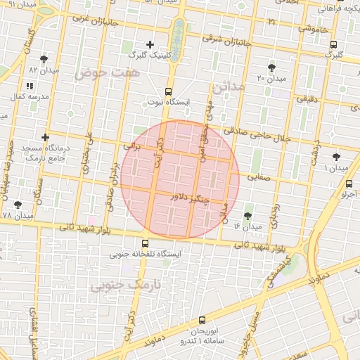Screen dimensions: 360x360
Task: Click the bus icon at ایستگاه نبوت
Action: click(x=167, y=91)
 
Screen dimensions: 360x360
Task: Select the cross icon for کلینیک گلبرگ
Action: click(x=150, y=44)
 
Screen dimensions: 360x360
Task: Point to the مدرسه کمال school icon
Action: click(x=30, y=85)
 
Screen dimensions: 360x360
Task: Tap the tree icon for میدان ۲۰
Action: click(x=271, y=67)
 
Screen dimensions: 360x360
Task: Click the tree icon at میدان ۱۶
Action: click(x=247, y=216)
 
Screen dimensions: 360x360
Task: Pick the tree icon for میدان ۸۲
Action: click(x=44, y=59)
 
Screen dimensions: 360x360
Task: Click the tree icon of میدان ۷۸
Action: click(x=18, y=205)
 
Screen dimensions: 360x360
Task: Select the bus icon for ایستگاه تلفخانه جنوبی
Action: click(x=145, y=243)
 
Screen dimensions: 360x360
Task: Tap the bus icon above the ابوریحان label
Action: click(x=202, y=320)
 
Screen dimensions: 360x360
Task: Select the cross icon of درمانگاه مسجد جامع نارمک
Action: click(x=46, y=137)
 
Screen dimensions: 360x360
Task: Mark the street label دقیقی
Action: click(x=307, y=99)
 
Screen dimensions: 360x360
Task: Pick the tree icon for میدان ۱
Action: click(x=336, y=156)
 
